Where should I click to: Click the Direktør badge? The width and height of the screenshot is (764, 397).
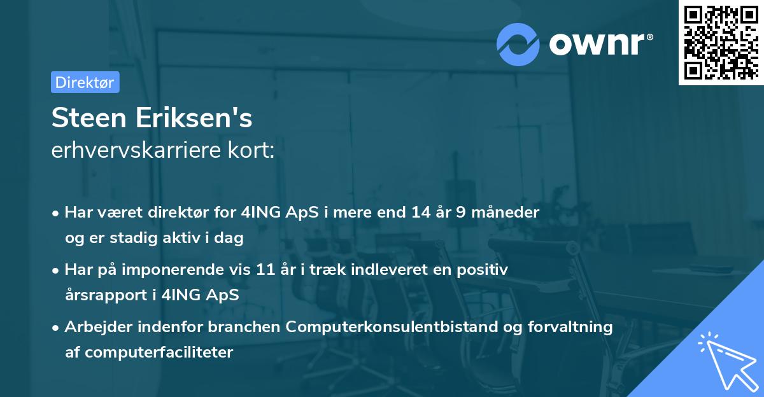85,82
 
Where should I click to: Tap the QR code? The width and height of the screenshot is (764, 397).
719,42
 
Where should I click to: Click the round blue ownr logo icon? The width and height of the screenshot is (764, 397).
518,44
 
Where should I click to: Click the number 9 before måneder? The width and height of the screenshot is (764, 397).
460,212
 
